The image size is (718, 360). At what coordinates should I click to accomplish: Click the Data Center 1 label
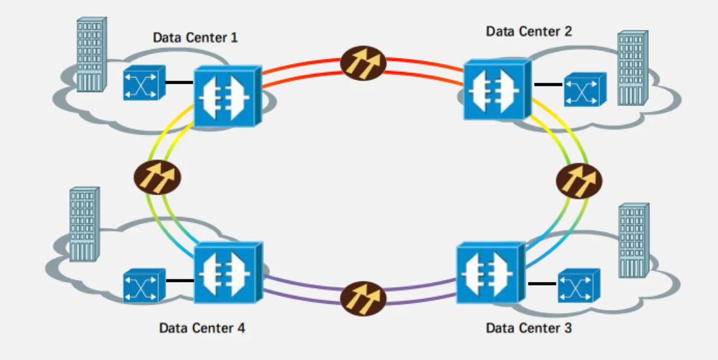coord(195,38)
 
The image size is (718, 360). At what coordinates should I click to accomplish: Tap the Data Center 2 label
coord(528,31)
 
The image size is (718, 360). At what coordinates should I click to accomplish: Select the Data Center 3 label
coord(528,328)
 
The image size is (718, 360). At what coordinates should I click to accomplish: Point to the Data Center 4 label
coord(201,328)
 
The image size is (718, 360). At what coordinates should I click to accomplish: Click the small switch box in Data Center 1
coord(144,83)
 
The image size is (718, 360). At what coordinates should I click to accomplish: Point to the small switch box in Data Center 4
coord(144,286)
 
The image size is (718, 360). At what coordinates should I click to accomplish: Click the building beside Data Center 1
coord(91,54)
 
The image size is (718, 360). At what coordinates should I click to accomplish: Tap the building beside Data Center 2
coord(632,68)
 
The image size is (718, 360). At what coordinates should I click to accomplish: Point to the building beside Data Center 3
coord(633,241)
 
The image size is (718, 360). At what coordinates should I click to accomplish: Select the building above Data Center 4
coord(83,224)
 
